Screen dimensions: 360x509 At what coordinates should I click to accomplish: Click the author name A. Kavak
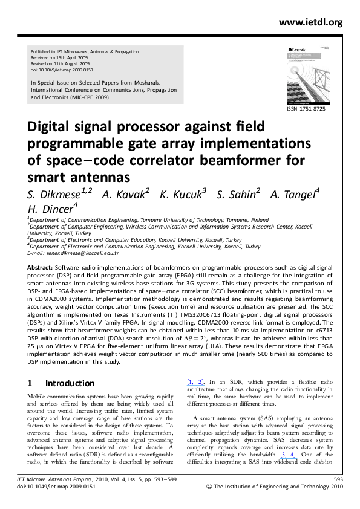point(125,193)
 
